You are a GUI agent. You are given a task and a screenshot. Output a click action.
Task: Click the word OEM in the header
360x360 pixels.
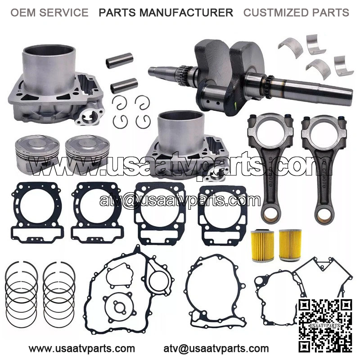pyautogui.click(x=23, y=13)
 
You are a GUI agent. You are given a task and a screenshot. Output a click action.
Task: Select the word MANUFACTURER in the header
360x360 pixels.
pyautogui.click(x=187, y=13)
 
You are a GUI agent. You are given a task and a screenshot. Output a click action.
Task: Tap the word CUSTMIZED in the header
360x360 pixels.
pyautogui.click(x=275, y=13)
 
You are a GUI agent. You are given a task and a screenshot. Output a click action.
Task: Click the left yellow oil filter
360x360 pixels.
pyautogui.click(x=263, y=245)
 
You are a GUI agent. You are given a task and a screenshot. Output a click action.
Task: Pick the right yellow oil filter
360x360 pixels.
pyautogui.click(x=290, y=245)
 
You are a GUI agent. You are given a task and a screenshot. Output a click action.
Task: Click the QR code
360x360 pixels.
pyautogui.click(x=325, y=325)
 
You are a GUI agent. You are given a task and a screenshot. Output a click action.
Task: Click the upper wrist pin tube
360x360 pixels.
pyautogui.click(x=120, y=60)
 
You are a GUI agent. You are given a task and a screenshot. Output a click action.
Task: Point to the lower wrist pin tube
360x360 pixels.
pyautogui.click(x=124, y=85)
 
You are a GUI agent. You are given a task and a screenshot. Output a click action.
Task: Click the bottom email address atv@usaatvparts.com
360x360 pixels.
pyautogui.click(x=216, y=348)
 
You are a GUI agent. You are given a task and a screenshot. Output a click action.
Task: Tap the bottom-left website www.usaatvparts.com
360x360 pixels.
pyautogui.click(x=82, y=348)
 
